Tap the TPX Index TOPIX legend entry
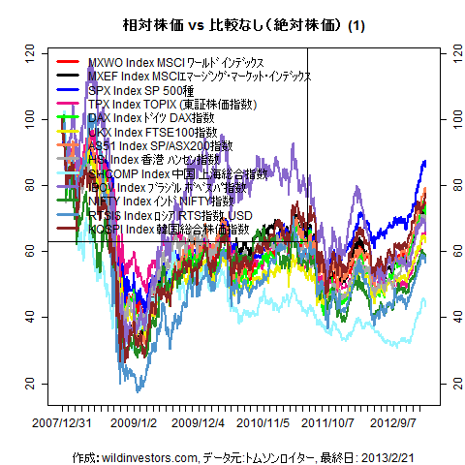(x=169, y=103)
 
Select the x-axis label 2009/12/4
(x=199, y=422)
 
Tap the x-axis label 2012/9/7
(x=400, y=422)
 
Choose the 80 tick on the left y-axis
(x=30, y=184)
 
